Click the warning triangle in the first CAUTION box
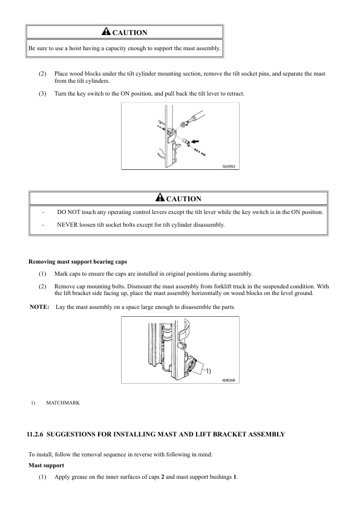tap(106, 32)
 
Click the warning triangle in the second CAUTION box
tap(160, 198)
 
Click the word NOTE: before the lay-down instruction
tap(39, 307)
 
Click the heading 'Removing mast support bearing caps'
tap(77, 262)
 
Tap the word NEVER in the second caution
tap(68, 224)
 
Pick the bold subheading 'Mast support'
tap(47, 465)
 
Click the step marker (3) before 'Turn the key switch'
tap(42, 93)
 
